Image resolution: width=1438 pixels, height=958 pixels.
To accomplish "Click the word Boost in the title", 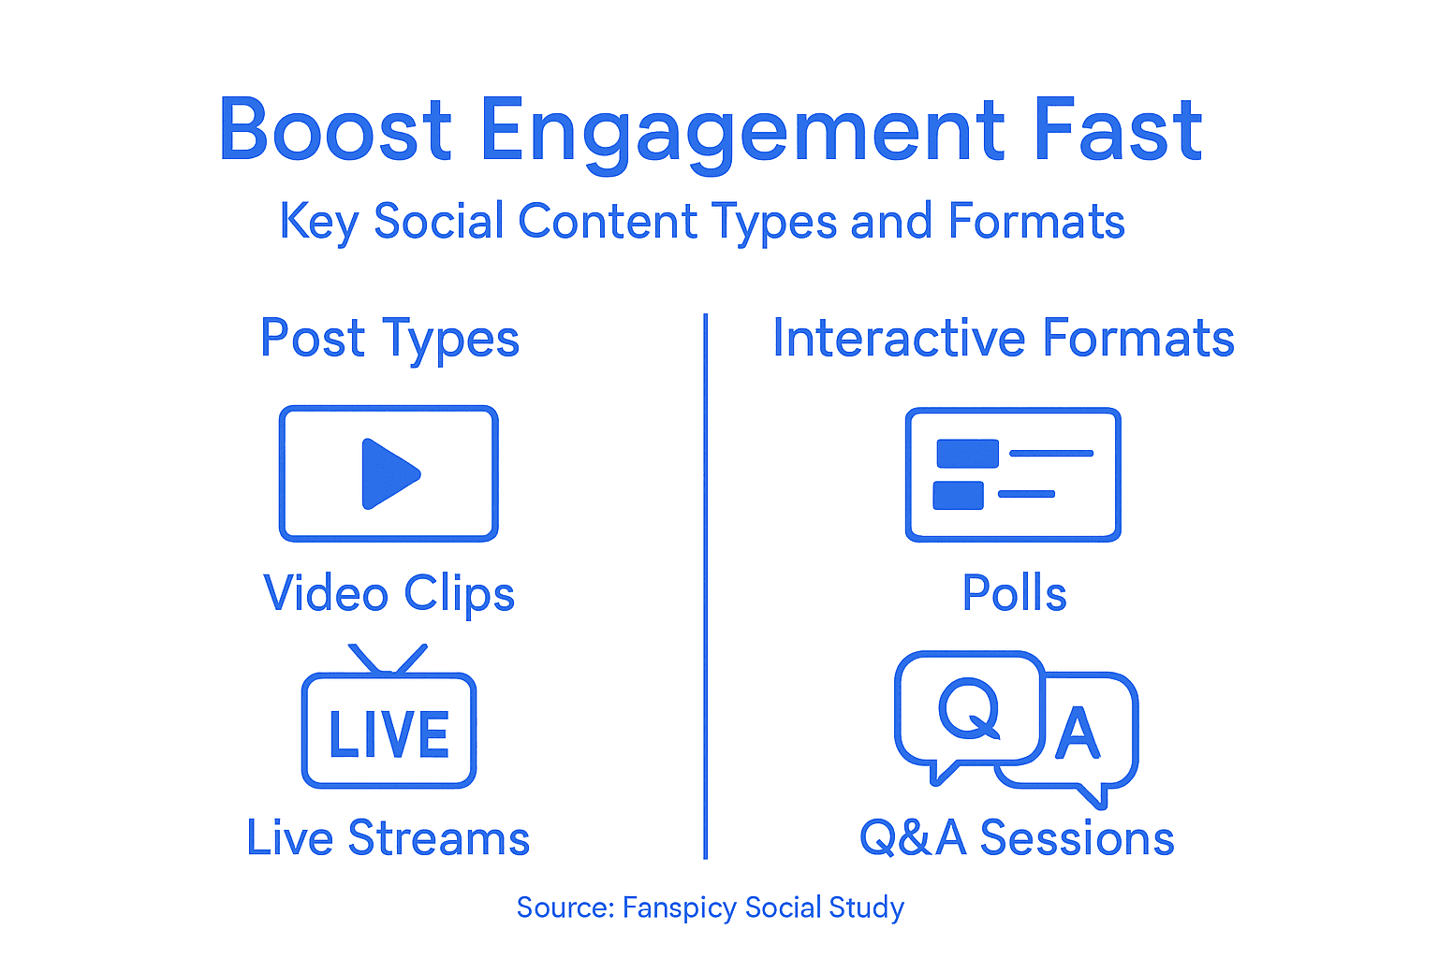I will click(x=335, y=131).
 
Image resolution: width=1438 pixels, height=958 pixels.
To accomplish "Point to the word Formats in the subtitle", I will click(x=1035, y=222).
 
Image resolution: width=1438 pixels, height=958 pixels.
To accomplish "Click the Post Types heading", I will click(x=389, y=339).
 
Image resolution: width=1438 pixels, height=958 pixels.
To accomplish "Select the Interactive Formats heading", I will click(x=1003, y=339).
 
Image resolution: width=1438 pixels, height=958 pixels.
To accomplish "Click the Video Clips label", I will click(x=389, y=594).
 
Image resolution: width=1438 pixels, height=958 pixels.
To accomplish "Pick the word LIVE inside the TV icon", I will click(x=389, y=734).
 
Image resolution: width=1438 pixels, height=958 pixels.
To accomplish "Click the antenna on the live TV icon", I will click(x=388, y=659).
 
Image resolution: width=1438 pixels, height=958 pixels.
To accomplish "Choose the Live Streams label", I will click(x=388, y=838).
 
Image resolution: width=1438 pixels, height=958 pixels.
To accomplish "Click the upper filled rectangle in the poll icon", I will click(x=967, y=454).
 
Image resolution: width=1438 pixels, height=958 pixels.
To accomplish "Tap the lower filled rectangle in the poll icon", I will click(x=958, y=495).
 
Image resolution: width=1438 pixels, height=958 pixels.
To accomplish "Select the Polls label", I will click(x=1014, y=594).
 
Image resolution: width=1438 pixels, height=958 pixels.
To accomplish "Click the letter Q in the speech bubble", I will click(x=969, y=708).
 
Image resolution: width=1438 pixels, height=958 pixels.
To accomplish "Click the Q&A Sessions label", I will click(x=1017, y=838).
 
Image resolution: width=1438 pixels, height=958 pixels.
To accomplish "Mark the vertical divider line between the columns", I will click(x=705, y=586).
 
